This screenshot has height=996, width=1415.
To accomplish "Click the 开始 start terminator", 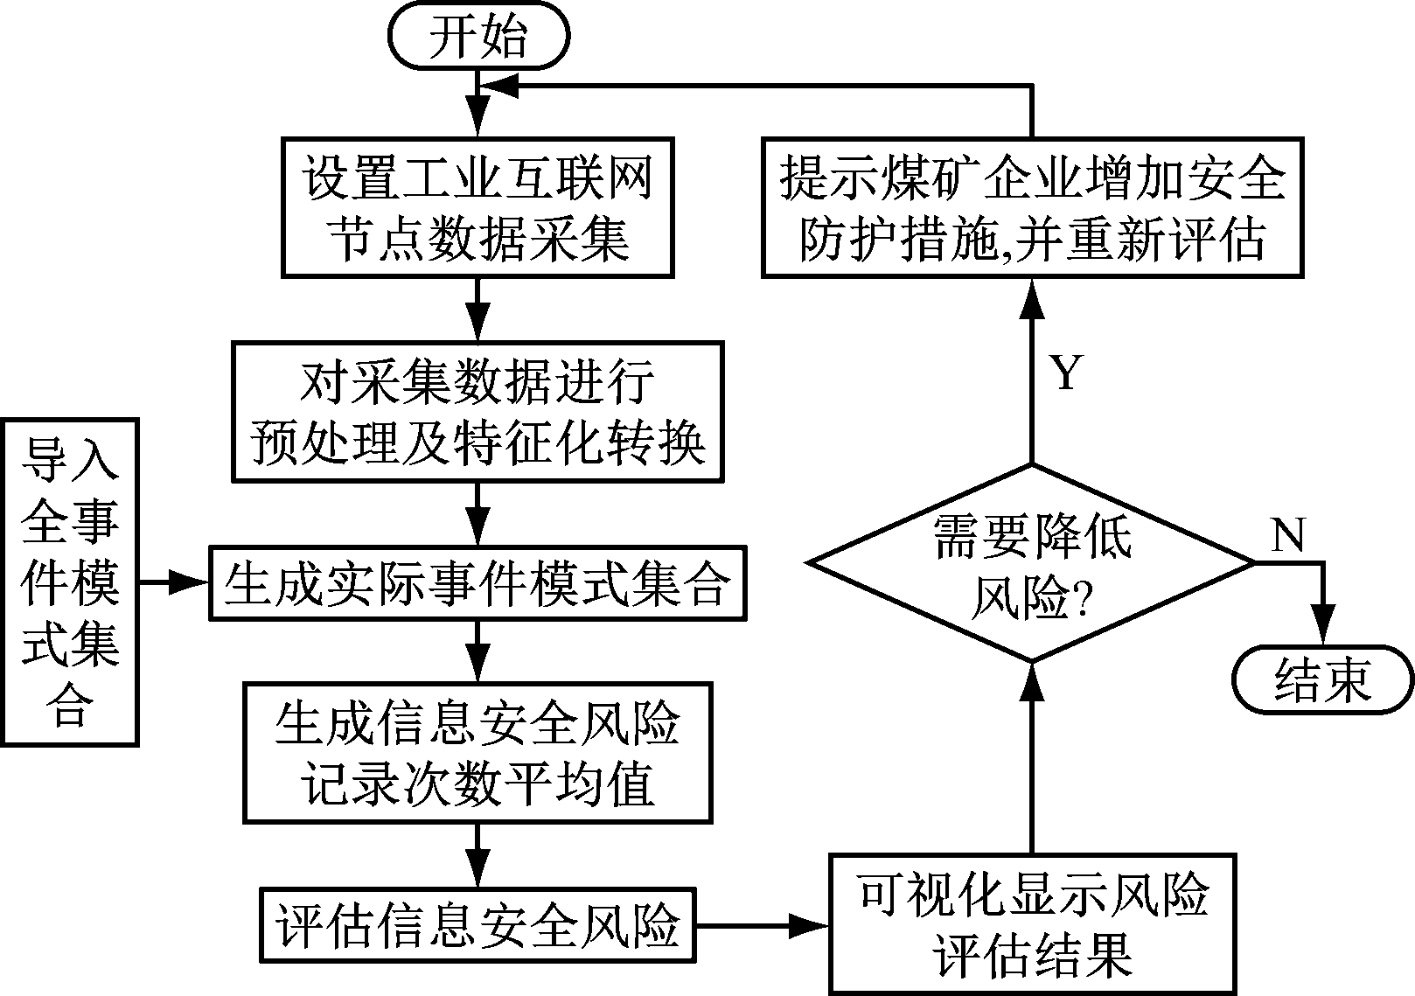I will pyautogui.click(x=478, y=38).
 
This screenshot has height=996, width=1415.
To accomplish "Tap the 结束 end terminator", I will pyautogui.click(x=1322, y=679).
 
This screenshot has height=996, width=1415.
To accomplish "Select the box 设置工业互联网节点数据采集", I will pyautogui.click(x=477, y=206).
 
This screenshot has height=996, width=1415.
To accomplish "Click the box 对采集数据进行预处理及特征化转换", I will pyautogui.click(x=477, y=411).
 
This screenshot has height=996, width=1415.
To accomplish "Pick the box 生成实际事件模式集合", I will pyautogui.click(x=477, y=583).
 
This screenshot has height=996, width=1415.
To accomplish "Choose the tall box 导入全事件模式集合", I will pyautogui.click(x=70, y=582).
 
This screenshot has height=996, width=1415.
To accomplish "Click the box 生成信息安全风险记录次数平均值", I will pyautogui.click(x=477, y=752).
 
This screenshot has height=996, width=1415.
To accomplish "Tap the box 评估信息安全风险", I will pyautogui.click(x=477, y=925).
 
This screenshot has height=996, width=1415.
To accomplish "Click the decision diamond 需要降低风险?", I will pyautogui.click(x=1032, y=564).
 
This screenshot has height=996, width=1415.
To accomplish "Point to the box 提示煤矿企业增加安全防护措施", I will pyautogui.click(x=1032, y=206).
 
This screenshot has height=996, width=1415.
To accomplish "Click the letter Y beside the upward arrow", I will pyautogui.click(x=1065, y=374).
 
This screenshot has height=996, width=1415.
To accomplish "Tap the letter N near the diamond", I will pyautogui.click(x=1287, y=534).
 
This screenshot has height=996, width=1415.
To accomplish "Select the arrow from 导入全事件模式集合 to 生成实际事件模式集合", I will pyautogui.click(x=175, y=582).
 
